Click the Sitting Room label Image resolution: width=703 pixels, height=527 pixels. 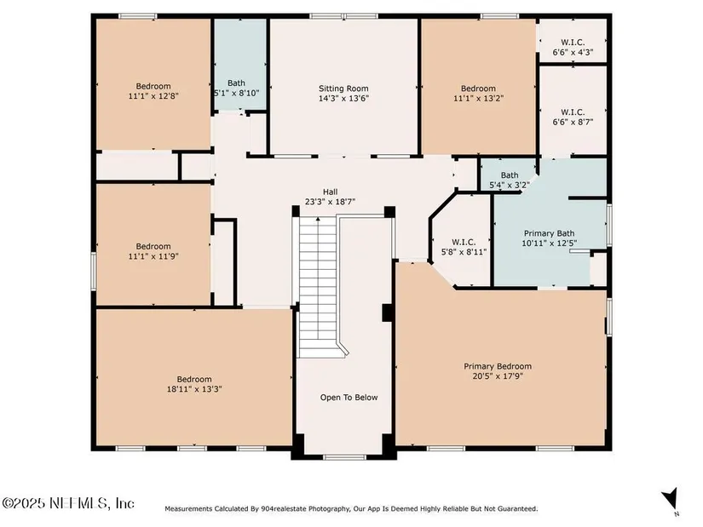coord(343,89)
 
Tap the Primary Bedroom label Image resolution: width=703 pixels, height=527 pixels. coord(498,366)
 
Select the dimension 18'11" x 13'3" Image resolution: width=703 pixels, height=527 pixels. coord(194,389)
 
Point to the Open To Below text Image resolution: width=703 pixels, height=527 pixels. coord(349,397)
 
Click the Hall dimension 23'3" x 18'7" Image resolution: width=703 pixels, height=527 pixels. coord(330,202)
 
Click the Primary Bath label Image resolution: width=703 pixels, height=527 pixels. coord(550,233)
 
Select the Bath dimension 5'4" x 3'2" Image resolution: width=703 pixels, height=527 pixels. coord(510,185)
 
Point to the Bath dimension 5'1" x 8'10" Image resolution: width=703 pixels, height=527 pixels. coord(236,93)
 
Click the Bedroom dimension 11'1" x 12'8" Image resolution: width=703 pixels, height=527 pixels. coord(153,96)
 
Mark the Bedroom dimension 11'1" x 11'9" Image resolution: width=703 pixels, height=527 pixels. coord(153,256)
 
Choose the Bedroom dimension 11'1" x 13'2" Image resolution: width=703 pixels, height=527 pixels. coord(478,98)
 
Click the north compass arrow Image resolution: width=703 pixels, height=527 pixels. coord(670,499)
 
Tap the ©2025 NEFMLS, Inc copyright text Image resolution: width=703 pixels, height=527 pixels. coord(67,503)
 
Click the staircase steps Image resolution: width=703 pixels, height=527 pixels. coord(318,287)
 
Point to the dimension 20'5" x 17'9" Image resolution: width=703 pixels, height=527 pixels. coord(498,376)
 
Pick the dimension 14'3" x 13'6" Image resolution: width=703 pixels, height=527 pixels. coord(343,99)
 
